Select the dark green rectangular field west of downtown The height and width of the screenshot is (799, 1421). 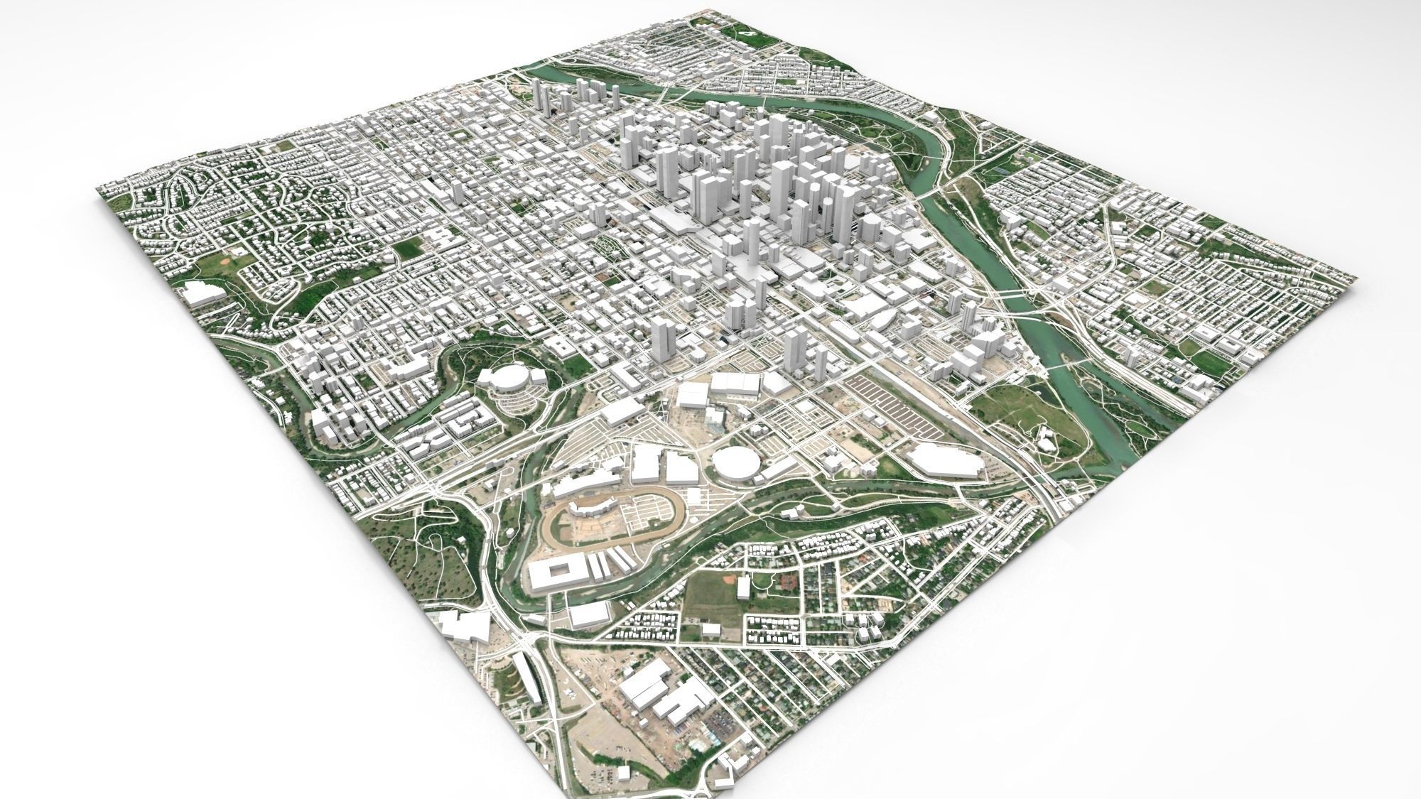408,248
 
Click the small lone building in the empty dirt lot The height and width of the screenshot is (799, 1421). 623,774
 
